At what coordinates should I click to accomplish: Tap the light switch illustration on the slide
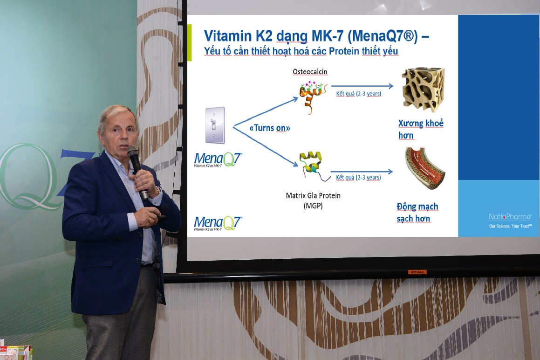pyautogui.click(x=215, y=125)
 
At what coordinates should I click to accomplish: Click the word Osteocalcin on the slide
pyautogui.click(x=310, y=72)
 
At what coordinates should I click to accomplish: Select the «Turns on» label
pyautogui.click(x=270, y=128)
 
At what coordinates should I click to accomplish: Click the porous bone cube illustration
pyautogui.click(x=423, y=90)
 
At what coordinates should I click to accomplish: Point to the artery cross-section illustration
pyautogui.click(x=425, y=168)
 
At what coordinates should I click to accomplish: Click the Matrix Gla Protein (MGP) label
pyautogui.click(x=313, y=201)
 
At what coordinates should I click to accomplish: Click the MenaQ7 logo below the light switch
pyautogui.click(x=218, y=160)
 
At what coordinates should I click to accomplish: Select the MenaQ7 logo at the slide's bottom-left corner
pyautogui.click(x=218, y=223)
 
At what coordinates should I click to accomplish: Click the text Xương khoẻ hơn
pyautogui.click(x=421, y=129)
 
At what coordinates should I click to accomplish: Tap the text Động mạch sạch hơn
pyautogui.click(x=417, y=213)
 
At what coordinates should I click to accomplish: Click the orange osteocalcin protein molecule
pyautogui.click(x=312, y=97)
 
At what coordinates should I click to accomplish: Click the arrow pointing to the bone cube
pyautogui.click(x=362, y=86)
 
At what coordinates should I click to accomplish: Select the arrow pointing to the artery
pyautogui.click(x=362, y=172)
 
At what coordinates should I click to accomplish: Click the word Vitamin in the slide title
pyautogui.click(x=228, y=36)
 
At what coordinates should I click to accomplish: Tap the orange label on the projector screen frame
pyautogui.click(x=417, y=272)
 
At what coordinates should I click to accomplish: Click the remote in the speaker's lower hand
pyautogui.click(x=160, y=217)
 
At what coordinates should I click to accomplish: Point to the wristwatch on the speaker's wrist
pyautogui.click(x=158, y=190)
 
